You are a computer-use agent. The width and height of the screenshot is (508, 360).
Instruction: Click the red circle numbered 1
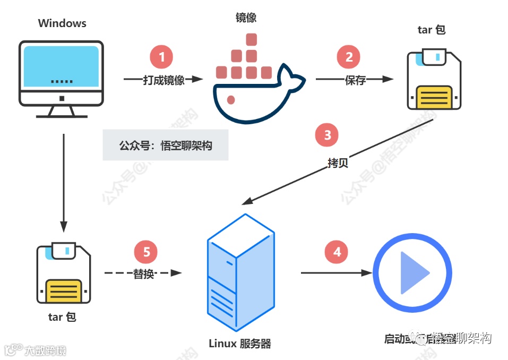[x=162, y=56]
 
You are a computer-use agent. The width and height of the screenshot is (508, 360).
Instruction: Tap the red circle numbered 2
[x=349, y=57]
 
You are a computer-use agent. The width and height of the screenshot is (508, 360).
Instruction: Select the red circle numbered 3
[x=327, y=135]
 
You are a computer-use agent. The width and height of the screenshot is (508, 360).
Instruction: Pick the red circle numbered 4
[x=337, y=252]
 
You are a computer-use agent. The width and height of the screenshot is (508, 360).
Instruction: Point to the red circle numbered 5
[x=147, y=252]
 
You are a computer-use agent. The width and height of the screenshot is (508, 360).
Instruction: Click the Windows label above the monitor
[x=62, y=23]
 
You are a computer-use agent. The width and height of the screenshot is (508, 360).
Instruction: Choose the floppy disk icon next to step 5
[x=63, y=273]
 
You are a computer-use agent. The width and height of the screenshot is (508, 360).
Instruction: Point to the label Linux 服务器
[x=240, y=344]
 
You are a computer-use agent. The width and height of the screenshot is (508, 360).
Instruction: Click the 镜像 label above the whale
[x=246, y=18]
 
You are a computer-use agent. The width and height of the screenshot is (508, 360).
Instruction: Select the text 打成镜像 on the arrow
[x=163, y=80]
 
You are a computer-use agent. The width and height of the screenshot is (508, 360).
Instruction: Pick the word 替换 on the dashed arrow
[x=143, y=274]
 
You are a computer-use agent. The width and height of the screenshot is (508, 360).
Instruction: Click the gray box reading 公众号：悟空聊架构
[x=166, y=145]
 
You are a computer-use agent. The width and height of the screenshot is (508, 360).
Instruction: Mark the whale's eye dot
[x=231, y=99]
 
